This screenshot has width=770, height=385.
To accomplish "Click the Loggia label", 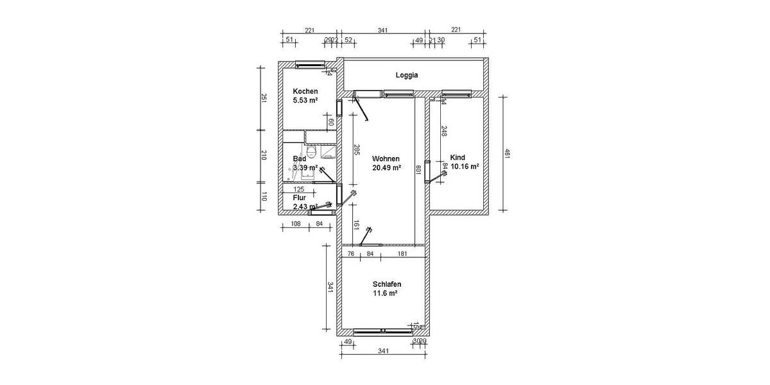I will [407, 75].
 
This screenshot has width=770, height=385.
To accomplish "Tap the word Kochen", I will [305, 91].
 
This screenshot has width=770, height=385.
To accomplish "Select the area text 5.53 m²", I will [305, 100].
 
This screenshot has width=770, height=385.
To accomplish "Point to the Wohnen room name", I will [386, 158].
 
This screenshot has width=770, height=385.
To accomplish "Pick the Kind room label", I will [458, 157].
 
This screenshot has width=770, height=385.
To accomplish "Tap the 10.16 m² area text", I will [465, 166].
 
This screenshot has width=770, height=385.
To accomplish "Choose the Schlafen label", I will [387, 284].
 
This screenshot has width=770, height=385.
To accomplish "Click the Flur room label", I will [300, 198].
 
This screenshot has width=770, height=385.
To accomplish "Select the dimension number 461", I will [507, 154].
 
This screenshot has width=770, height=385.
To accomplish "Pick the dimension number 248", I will [443, 131].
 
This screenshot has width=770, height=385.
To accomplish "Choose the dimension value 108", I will [296, 224].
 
